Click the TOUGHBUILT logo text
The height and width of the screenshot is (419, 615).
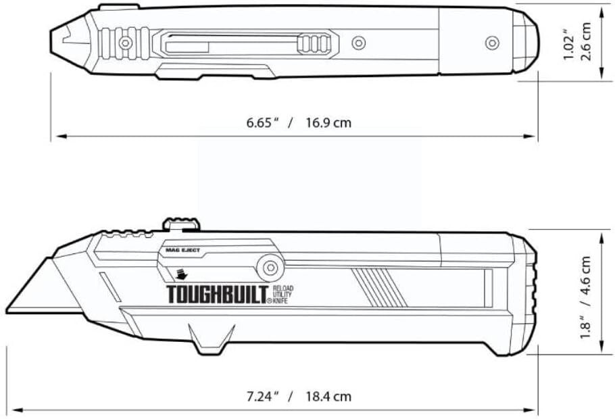(218, 294)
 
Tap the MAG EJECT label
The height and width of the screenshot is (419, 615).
(182, 250)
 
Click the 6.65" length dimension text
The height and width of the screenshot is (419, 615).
(262, 122)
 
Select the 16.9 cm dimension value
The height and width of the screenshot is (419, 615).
(328, 123)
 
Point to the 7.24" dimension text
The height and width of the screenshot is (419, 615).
(262, 396)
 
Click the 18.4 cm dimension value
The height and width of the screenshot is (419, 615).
(328, 397)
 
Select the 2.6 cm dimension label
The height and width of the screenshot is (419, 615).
(586, 42)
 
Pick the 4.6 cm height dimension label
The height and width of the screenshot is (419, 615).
(585, 275)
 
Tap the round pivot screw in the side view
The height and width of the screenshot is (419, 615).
(270, 268)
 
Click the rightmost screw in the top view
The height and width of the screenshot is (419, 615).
(492, 43)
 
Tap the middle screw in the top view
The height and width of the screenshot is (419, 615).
(358, 43)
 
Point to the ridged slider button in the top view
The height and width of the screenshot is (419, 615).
(314, 43)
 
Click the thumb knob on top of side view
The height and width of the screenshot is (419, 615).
(182, 224)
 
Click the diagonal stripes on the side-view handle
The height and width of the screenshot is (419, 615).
(378, 287)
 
